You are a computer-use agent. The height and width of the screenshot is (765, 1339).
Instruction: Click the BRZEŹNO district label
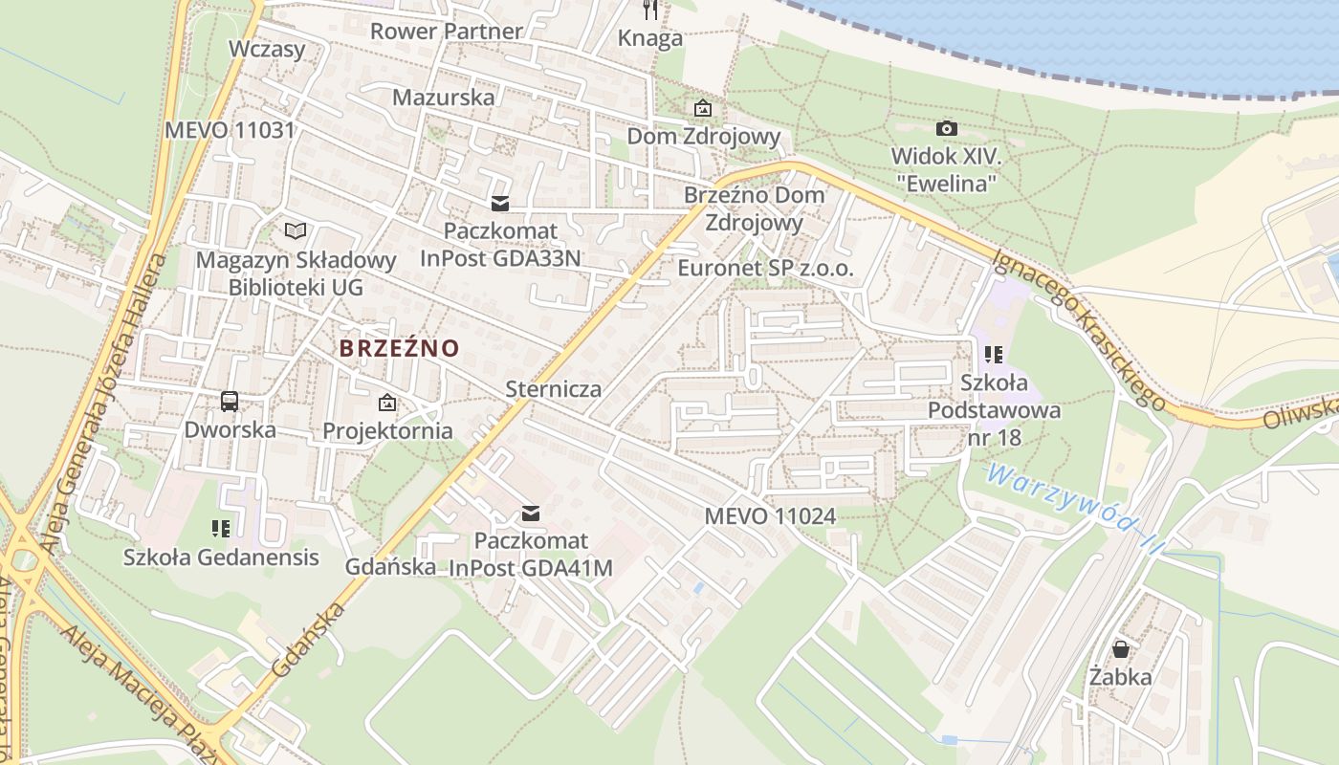click(x=399, y=348)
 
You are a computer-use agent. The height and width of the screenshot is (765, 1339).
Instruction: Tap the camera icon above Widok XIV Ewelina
click(x=946, y=128)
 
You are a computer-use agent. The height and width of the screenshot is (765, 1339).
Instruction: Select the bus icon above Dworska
click(x=230, y=402)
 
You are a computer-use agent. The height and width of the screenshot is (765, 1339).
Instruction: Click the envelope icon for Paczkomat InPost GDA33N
click(x=499, y=204)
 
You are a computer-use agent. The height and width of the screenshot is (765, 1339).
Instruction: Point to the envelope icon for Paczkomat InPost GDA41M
click(x=531, y=514)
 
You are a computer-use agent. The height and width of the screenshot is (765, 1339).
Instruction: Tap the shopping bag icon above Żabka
click(x=1121, y=649)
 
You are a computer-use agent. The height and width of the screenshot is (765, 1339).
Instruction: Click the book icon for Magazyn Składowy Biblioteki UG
click(x=296, y=231)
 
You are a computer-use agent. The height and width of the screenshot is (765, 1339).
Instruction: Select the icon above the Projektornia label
click(x=387, y=403)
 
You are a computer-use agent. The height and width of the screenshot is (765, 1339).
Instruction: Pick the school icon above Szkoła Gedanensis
click(x=221, y=528)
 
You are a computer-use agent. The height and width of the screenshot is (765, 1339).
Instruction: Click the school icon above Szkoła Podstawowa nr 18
click(x=994, y=355)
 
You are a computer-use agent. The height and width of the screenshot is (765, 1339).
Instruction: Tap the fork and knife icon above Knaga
click(x=650, y=11)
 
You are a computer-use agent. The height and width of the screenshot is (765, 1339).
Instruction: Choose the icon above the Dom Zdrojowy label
click(x=703, y=108)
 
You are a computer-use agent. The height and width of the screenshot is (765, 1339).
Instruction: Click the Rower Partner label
click(x=447, y=31)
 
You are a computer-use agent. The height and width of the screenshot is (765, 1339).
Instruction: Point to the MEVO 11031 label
click(x=230, y=130)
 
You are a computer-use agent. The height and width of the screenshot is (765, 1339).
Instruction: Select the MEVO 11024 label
click(x=770, y=516)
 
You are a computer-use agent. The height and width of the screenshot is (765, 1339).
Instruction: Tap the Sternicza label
click(x=554, y=388)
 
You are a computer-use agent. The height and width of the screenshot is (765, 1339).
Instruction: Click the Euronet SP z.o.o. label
click(x=765, y=269)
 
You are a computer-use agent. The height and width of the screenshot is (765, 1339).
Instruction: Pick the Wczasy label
click(x=267, y=49)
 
